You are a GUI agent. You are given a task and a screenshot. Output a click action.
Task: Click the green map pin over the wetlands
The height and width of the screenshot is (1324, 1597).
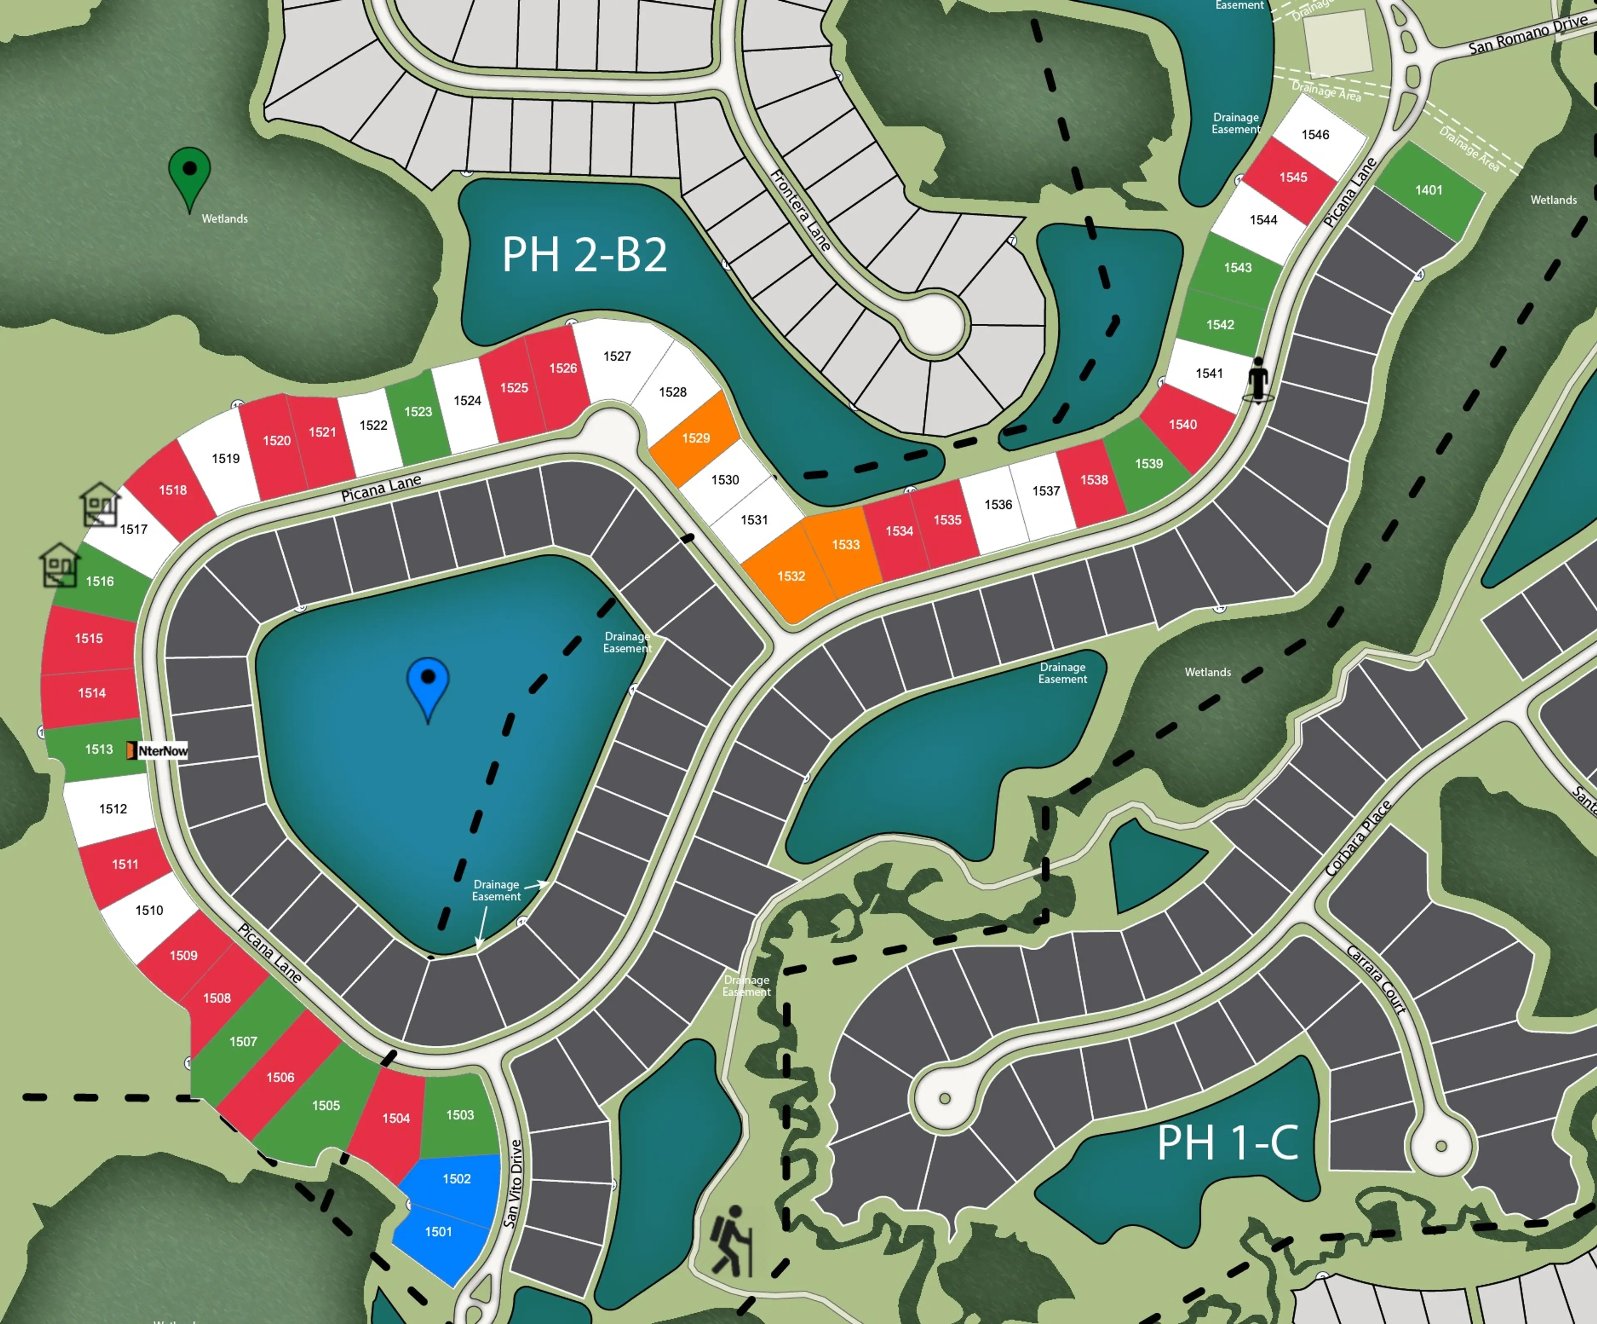tap(189, 174)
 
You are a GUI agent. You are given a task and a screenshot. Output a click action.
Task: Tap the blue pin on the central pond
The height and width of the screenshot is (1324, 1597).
tap(428, 684)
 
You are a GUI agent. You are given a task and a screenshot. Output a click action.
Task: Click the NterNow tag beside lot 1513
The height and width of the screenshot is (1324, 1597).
tap(158, 751)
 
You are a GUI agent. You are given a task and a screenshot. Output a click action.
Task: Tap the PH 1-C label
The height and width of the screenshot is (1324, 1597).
tap(1227, 1143)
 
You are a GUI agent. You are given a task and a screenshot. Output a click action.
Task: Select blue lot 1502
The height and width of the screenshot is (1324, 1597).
tap(456, 1180)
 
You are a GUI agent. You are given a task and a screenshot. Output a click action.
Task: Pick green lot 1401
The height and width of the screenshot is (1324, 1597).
tap(1428, 190)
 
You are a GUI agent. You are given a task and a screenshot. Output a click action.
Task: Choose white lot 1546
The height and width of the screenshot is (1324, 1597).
tap(1315, 135)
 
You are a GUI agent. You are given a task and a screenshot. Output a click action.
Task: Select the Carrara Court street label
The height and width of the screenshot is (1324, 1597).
tap(1377, 979)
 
